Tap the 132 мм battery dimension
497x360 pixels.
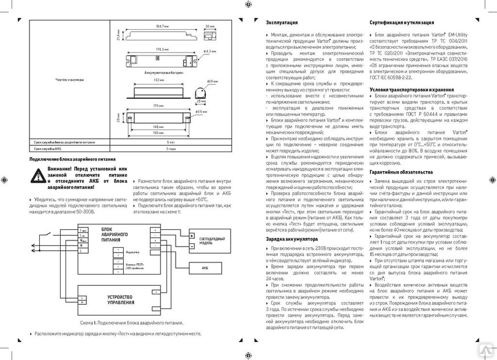tap(159, 80)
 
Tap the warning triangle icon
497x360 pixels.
tap(37, 176)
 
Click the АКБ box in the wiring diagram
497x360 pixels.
tap(204, 268)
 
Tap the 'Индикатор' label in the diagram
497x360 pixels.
tap(132, 253)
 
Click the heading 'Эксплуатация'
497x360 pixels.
tap(282, 23)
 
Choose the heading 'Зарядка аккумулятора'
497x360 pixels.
tap(291, 239)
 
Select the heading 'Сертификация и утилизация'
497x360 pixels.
tap(402, 23)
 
